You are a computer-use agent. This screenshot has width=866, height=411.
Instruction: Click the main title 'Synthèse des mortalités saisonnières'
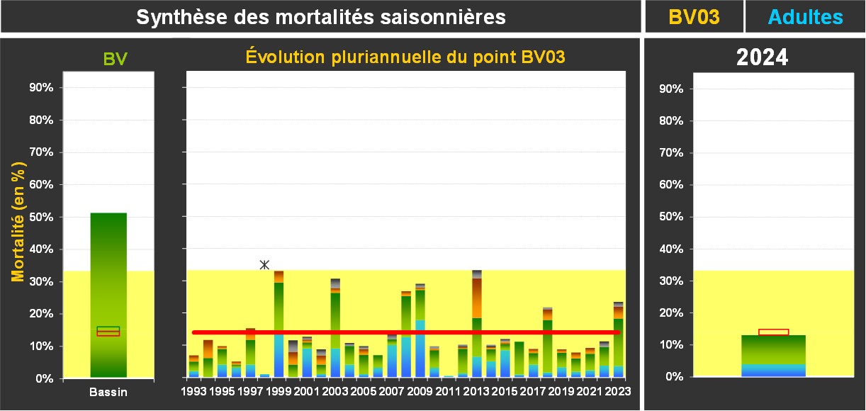click(320, 17)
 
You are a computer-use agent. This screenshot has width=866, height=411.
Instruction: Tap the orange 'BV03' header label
click(694, 17)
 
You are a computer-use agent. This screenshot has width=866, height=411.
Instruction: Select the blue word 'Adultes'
click(806, 17)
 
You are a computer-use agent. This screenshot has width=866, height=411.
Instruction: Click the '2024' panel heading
click(762, 57)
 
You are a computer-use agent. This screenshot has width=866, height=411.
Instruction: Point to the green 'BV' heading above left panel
click(115, 59)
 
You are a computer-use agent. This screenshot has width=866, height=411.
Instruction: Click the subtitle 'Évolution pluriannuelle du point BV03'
click(405, 57)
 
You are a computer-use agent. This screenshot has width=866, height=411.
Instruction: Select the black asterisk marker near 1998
click(264, 265)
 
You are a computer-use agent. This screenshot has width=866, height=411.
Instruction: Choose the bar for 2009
click(420, 330)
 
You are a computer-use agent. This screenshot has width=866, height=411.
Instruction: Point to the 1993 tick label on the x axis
click(193, 390)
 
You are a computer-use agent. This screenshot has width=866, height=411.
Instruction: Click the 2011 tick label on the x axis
click(449, 390)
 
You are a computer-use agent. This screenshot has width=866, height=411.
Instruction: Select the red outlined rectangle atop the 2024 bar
click(773, 332)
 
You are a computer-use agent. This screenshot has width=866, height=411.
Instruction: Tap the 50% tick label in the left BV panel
click(40, 217)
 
